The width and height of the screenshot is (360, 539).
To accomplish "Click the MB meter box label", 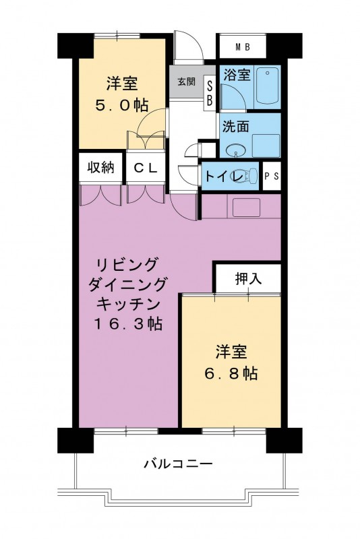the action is [243, 47].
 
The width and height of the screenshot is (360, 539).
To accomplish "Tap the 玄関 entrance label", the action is [186, 82].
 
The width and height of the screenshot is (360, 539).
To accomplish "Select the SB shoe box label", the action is [210, 94].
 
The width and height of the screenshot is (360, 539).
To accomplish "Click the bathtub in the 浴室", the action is [267, 86].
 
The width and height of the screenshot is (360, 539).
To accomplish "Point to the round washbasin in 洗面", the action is [235, 150].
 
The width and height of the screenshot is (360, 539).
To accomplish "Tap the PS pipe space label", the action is [272, 176].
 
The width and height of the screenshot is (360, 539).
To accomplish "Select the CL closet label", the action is [146, 168].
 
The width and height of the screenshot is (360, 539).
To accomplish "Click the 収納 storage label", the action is [100, 167].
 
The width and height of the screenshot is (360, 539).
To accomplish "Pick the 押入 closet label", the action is [248, 278].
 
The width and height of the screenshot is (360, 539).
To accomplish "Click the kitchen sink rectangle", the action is [246, 208].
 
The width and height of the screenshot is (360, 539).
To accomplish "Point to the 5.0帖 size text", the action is [121, 106].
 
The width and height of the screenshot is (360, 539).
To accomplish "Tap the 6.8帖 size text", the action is [231, 373].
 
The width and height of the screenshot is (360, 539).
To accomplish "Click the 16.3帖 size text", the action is [128, 323].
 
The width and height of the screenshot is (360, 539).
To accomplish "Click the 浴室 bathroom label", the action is [237, 75].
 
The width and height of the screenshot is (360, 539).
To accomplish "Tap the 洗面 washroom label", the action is [235, 127].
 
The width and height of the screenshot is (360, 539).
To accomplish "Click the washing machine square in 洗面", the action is [266, 146].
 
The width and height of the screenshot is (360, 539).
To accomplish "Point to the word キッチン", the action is [128, 304].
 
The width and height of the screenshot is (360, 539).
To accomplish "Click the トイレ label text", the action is [224, 177].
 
